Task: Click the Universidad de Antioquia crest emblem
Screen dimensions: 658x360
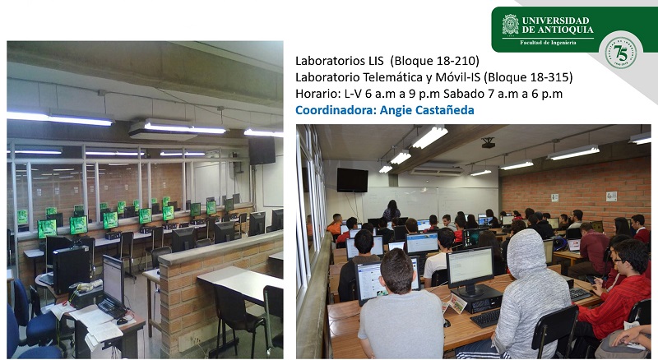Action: tap(510, 25)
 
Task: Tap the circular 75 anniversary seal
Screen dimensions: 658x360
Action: tap(621, 53)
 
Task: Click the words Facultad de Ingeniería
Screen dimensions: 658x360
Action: tap(548, 43)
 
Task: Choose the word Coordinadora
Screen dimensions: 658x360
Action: tap(335, 110)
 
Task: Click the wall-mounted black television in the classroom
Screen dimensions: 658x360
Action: tap(352, 180)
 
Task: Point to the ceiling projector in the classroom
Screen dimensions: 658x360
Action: tap(488, 143)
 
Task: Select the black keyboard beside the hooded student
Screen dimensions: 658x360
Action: tap(486, 317)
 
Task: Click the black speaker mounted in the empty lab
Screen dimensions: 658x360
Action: tap(262, 150)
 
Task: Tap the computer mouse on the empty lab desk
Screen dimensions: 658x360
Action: tap(122, 321)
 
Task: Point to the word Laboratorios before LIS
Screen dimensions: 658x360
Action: tap(331, 61)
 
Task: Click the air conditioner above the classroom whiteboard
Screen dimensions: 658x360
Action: tap(437, 171)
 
